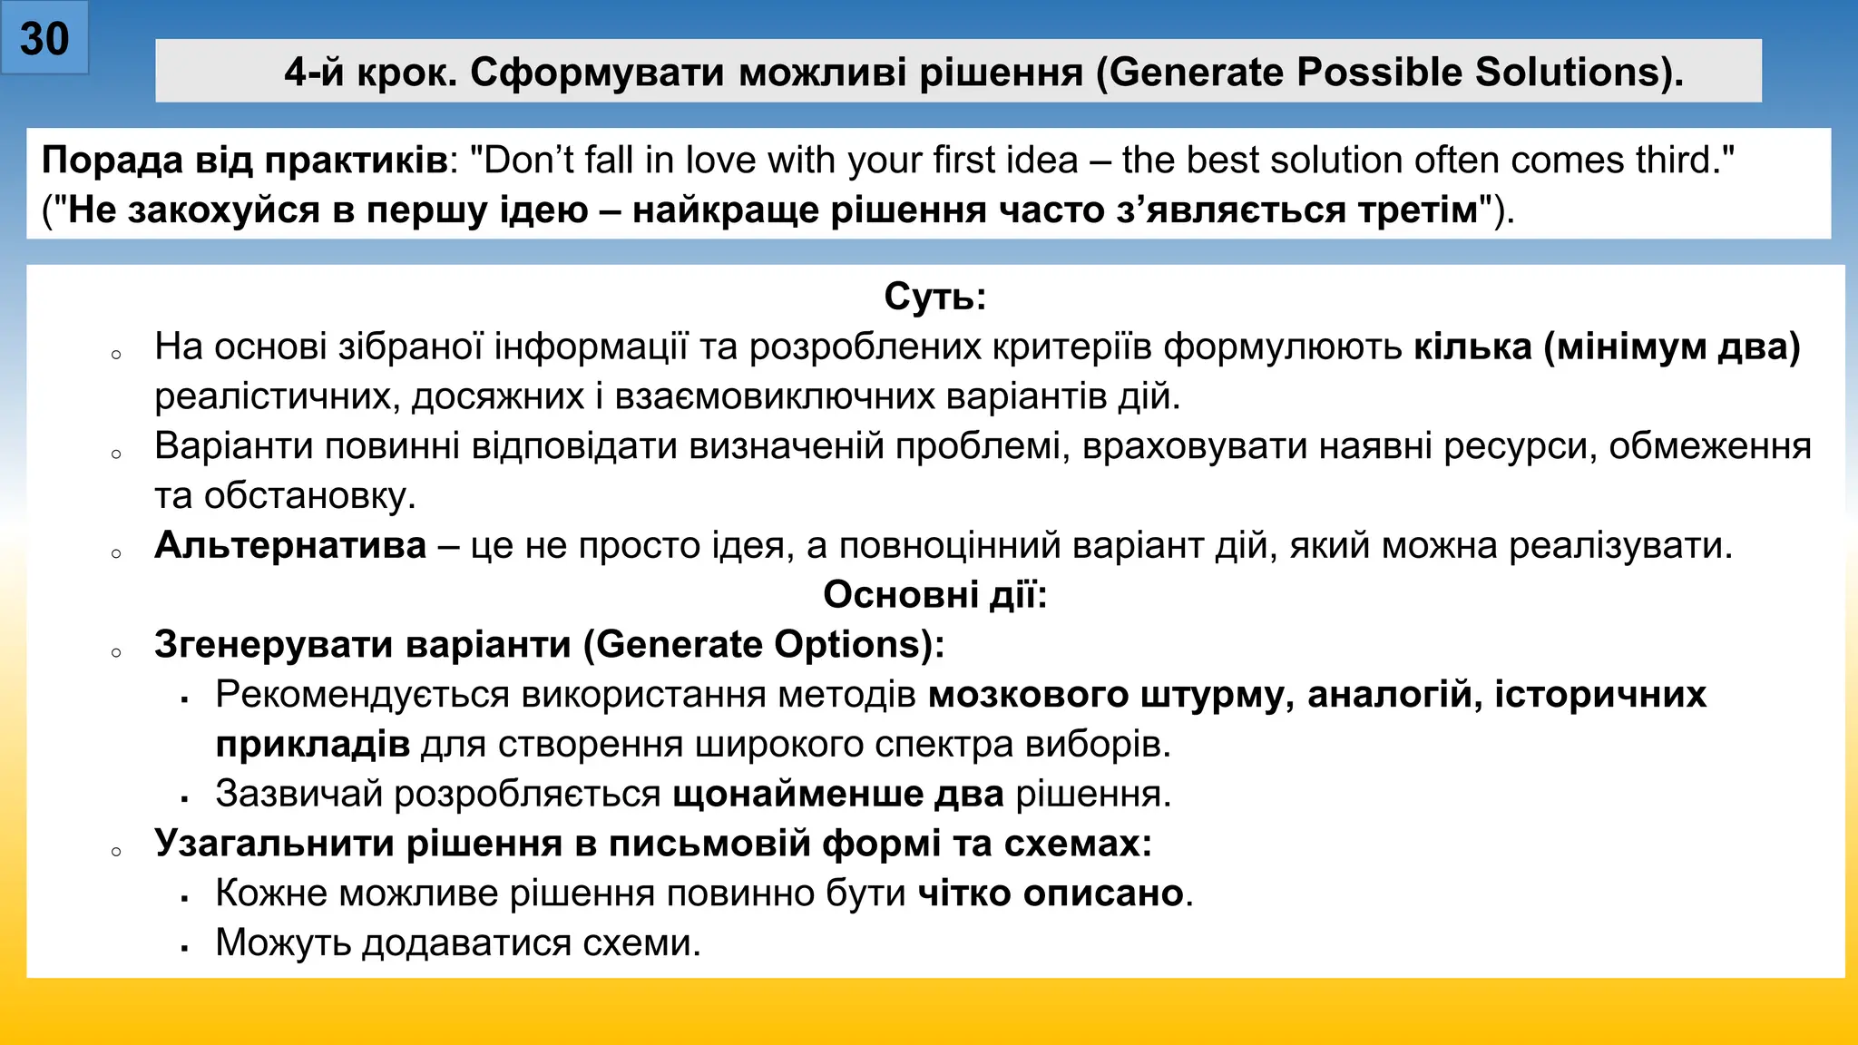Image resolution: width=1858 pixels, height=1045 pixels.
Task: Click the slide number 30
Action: tap(44, 39)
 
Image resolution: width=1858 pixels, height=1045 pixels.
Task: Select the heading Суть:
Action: tap(934, 297)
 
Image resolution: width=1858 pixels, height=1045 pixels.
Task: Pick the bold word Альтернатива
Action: tap(290, 545)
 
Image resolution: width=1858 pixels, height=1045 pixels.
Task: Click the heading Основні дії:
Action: tap(934, 595)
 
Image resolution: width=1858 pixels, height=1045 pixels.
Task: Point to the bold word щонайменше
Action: tap(798, 794)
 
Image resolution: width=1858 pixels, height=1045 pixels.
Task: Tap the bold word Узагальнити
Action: tap(273, 844)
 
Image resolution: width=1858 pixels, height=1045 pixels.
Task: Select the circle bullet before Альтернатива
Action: tap(116, 553)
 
